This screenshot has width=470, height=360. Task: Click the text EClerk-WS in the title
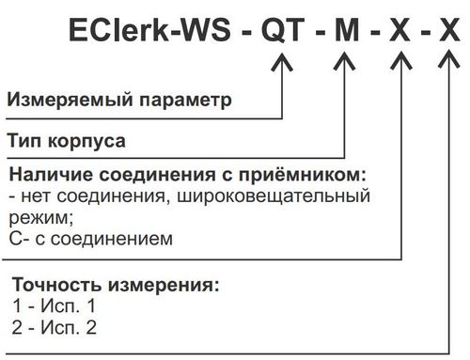click(149, 30)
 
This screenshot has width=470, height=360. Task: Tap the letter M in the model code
click(347, 30)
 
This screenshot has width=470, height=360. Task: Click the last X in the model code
click(449, 30)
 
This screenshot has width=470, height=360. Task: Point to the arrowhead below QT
click(282, 62)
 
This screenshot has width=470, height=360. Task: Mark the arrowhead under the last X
click(449, 61)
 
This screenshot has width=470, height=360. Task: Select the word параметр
click(185, 101)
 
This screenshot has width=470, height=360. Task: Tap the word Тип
click(24, 141)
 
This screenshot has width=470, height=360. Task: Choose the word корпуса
click(86, 142)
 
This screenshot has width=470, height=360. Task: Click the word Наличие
click(51, 175)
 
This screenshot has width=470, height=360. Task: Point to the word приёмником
click(303, 174)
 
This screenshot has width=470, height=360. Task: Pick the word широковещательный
click(274, 196)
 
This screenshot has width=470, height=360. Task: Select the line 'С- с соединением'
click(91, 239)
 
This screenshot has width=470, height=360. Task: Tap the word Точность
click(57, 285)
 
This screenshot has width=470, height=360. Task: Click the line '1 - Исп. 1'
click(54, 305)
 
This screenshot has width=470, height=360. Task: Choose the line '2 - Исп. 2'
click(55, 328)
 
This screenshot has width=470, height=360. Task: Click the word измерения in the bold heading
click(164, 286)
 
